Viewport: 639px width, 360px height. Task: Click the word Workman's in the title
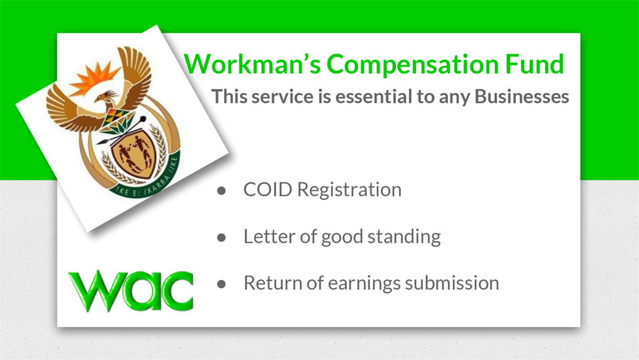[252, 64]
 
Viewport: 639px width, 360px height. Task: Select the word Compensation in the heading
[412, 64]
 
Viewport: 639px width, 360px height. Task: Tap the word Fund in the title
[534, 64]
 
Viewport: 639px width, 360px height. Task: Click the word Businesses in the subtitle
[522, 97]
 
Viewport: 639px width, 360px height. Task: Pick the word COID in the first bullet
[268, 189]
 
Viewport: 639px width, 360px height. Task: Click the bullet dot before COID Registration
[221, 191]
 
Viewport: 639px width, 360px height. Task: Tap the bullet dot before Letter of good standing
[221, 237]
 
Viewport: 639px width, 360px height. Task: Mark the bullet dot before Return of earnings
[221, 284]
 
